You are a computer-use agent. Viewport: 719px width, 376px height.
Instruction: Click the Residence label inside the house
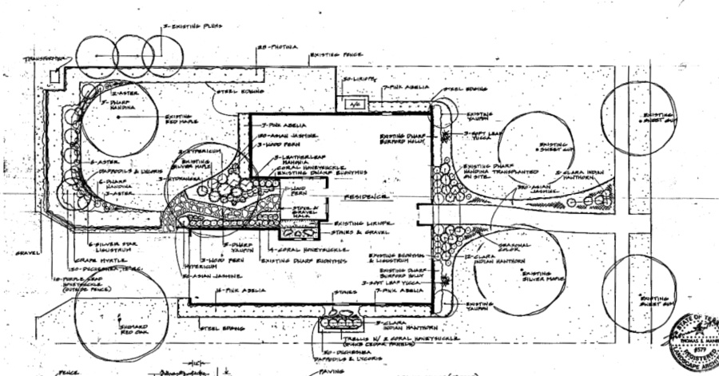pyautogui.click(x=367, y=196)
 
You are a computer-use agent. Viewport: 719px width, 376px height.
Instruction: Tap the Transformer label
pyautogui.click(x=44, y=59)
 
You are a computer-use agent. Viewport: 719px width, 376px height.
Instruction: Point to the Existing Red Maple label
pyautogui.click(x=181, y=120)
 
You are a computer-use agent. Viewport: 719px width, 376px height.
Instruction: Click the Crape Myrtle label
pyautogui.click(x=101, y=259)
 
